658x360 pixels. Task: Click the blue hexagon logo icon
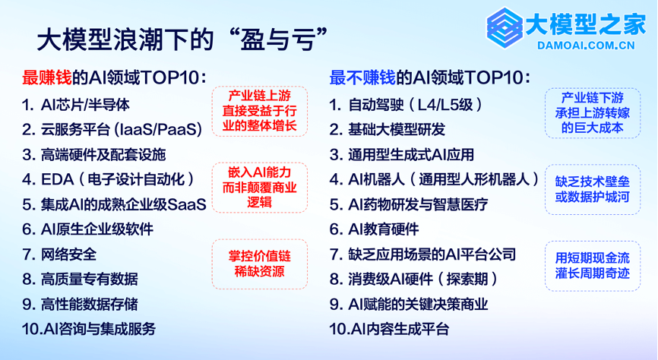[x=505, y=27]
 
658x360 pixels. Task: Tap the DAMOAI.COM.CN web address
[x=587, y=46]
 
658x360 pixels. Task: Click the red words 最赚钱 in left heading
[x=47, y=77]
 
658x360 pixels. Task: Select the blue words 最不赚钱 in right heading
[x=362, y=77]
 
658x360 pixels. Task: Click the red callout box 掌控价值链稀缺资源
[x=260, y=264]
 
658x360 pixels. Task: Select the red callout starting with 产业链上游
[x=260, y=111]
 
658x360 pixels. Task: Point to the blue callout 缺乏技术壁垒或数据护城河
[x=593, y=189]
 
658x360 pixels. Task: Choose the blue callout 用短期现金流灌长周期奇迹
[x=593, y=266]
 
